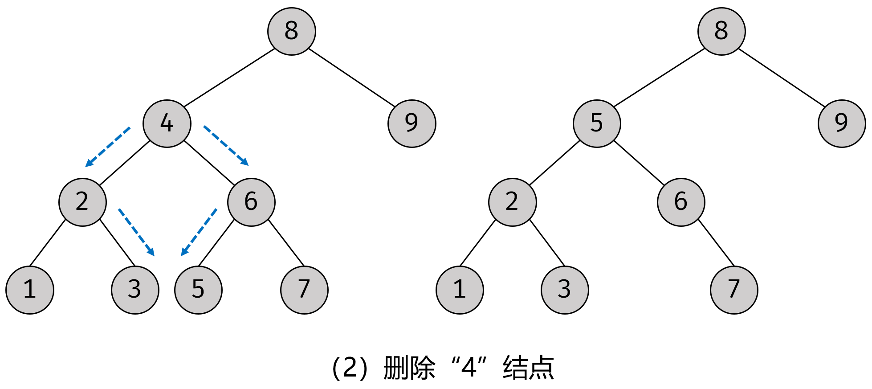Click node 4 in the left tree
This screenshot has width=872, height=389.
tap(167, 123)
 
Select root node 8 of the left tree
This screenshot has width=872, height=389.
tap(292, 31)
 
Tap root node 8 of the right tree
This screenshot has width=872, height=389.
tap(721, 31)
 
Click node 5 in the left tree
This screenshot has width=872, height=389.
tap(198, 290)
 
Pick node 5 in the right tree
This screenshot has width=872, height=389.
tap(597, 123)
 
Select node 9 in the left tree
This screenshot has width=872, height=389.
tap(412, 123)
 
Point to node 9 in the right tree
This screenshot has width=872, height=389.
tap(842, 123)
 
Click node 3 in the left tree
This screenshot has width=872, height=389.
tap(135, 290)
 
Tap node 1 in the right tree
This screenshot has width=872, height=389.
tap(460, 290)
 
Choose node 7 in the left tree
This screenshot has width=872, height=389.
tap(304, 290)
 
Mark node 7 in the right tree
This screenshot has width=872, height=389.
tap(734, 290)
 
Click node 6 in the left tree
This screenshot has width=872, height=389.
tap(251, 202)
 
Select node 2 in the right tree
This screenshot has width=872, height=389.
tap(512, 202)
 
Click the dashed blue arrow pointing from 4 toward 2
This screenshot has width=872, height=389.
tap(108, 147)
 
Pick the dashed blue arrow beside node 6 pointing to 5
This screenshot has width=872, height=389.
tap(199, 232)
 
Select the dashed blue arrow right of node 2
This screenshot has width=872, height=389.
tap(136, 232)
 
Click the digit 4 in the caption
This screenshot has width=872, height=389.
tap(469, 368)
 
